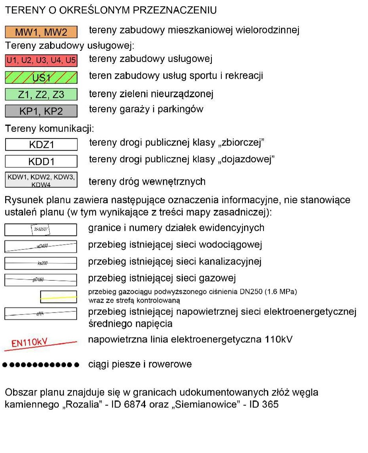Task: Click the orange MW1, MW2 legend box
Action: (41, 32)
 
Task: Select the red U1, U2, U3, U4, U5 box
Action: (41, 60)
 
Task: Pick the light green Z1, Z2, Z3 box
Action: (41, 94)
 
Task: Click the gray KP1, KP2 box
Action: (41, 111)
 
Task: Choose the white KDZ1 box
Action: (41, 145)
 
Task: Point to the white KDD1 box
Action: (41, 161)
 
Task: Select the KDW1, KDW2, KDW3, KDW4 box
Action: (41, 180)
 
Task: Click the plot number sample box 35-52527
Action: (41, 229)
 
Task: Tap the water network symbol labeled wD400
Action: (41, 247)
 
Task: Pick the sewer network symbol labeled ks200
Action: (41, 263)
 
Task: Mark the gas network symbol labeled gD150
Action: (41, 280)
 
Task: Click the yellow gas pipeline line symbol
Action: (58, 297)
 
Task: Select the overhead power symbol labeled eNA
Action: (41, 314)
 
